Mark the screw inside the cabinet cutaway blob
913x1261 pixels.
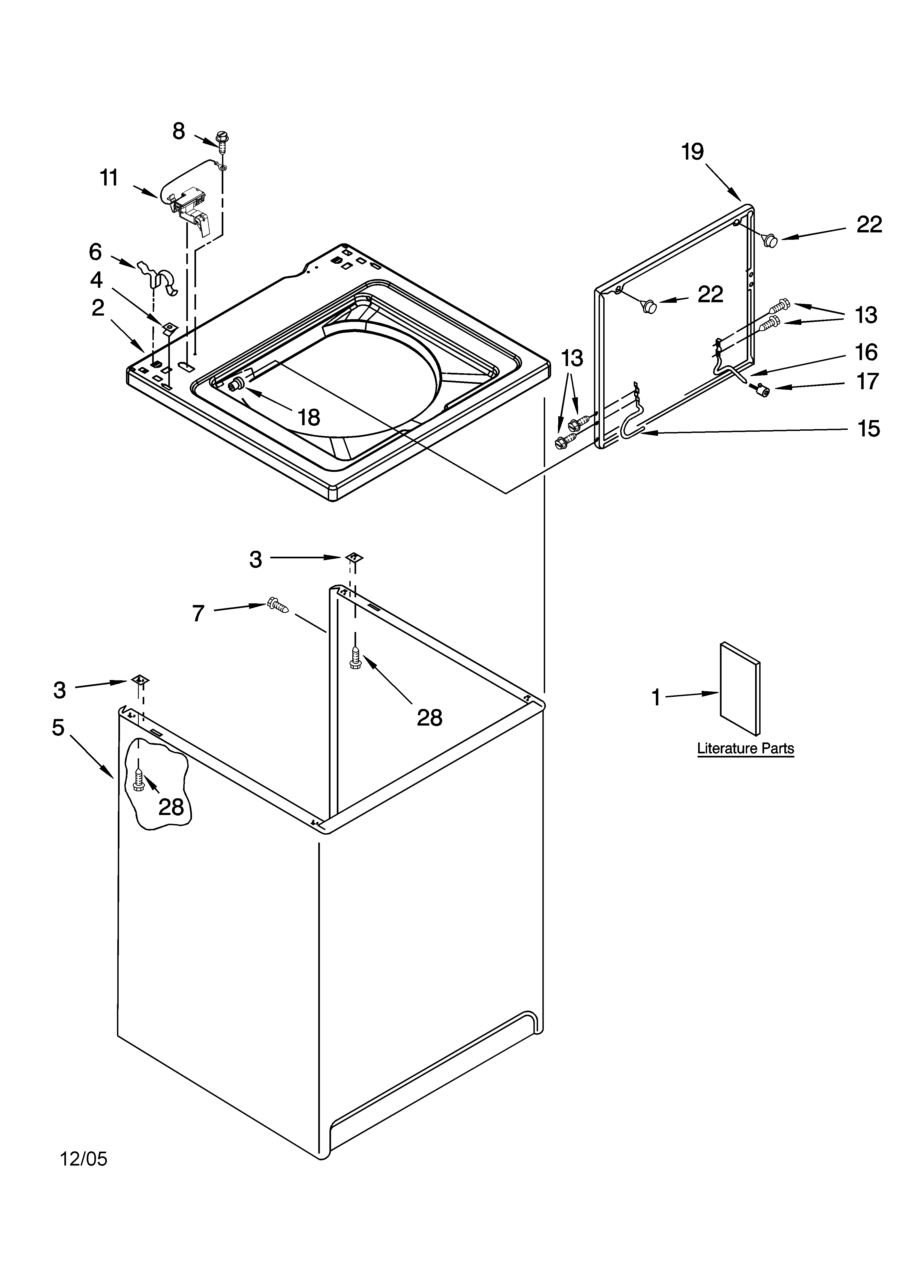139,778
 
